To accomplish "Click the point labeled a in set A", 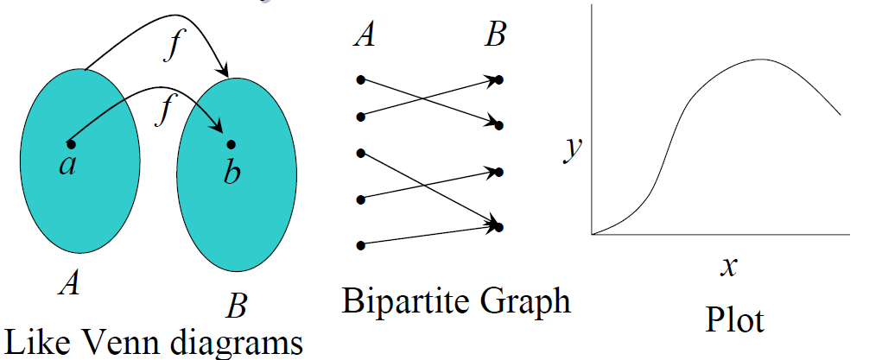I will (x=71, y=142).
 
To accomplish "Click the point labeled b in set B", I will (x=230, y=143).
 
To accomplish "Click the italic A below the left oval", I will (x=69, y=283).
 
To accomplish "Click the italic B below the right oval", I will (x=236, y=306).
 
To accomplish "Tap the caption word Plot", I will (x=734, y=320).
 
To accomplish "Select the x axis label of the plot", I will (x=728, y=267).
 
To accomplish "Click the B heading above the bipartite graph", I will (x=495, y=36).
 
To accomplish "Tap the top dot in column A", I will (x=361, y=80).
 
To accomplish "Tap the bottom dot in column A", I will (x=361, y=245).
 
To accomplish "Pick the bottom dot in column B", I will (x=499, y=227).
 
